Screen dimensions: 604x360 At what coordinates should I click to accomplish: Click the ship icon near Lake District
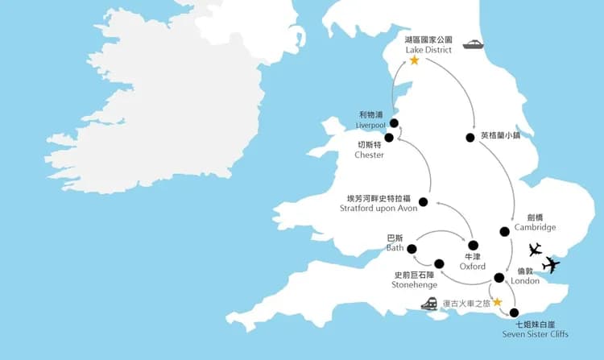473,46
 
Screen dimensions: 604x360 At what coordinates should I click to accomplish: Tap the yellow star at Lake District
415,60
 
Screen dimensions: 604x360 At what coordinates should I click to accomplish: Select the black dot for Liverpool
394,123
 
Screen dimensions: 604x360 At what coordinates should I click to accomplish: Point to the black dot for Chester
389,138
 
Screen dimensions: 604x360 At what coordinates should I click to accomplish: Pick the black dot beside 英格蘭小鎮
470,138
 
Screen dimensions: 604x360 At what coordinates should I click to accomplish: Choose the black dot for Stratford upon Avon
424,202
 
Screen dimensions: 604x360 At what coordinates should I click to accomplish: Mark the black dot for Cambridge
504,232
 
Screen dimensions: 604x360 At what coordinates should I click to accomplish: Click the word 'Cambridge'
536,227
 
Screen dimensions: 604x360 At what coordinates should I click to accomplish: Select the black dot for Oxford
473,246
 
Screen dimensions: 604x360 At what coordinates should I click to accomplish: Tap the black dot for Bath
412,249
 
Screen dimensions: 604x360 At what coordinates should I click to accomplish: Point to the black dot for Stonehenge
439,264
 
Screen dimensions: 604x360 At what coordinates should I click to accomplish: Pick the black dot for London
499,278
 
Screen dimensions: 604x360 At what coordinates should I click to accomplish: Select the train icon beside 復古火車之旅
430,304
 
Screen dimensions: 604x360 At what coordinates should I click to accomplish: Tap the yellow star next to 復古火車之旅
497,303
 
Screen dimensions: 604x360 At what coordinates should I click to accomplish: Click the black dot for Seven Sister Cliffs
515,313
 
